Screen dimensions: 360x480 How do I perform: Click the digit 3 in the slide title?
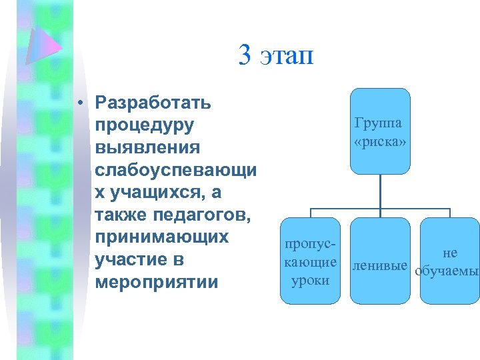point(245,56)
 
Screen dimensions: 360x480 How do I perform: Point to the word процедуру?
point(145,125)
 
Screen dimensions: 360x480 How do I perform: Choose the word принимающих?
point(162,237)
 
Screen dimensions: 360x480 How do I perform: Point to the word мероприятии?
point(157,283)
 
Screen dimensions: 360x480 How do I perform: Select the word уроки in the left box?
point(311,281)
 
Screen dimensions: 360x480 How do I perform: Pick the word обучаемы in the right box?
point(447,272)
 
